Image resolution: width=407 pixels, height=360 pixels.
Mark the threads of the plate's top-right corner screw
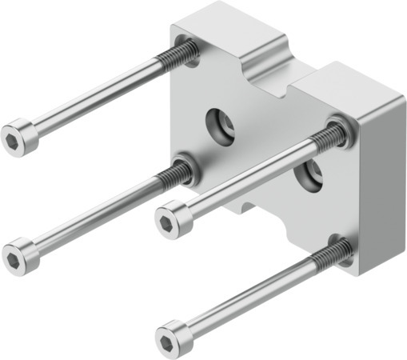pyautogui.click(x=328, y=136)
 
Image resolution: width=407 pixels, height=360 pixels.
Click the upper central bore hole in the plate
pyautogui.click(x=220, y=123)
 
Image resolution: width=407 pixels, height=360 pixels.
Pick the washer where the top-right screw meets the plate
pyautogui.click(x=340, y=127)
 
